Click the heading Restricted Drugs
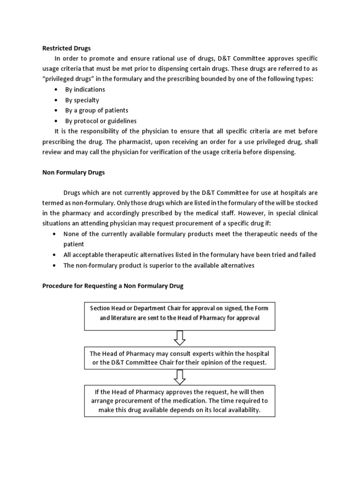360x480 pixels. (67, 48)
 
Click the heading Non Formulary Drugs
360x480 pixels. (74, 172)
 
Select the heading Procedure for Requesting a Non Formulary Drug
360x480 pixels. (113, 285)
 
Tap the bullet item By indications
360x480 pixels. (85, 90)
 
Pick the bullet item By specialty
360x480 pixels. (82, 100)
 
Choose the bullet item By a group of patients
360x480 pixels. (97, 110)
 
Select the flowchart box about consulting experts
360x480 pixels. (180, 358)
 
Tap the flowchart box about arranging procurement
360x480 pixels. (180, 401)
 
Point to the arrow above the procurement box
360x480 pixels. (180, 377)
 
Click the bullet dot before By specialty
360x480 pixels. (56, 100)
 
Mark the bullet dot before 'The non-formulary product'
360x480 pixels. (56, 265)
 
